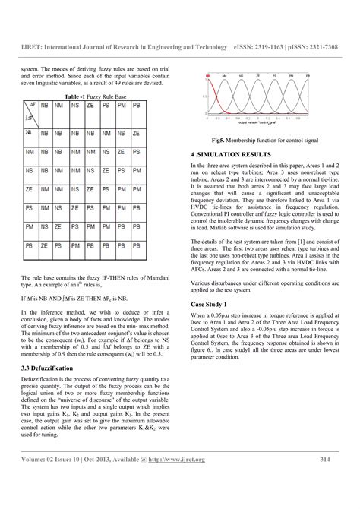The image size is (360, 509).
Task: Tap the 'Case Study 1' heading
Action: coord(211,304)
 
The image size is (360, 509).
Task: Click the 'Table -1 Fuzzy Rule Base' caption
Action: coord(96,98)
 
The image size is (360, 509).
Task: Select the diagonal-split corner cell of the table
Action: coord(29,113)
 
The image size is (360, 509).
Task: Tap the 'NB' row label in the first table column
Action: coord(29,132)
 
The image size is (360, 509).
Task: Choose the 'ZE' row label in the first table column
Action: coord(29,188)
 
